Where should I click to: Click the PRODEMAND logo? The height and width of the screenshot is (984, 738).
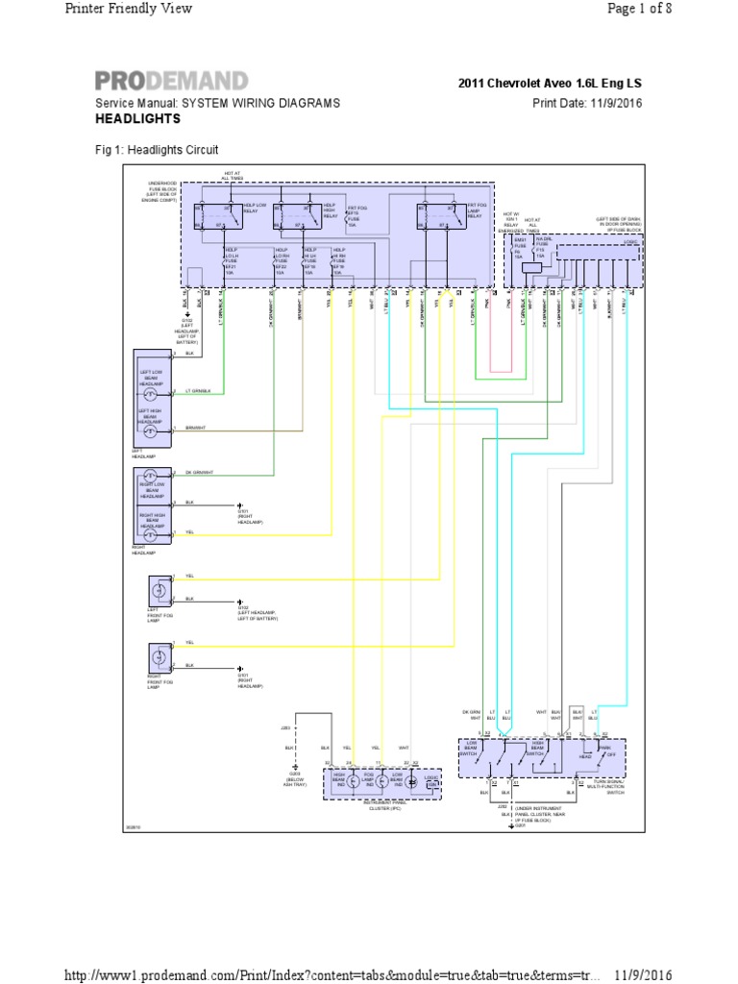[x=171, y=81]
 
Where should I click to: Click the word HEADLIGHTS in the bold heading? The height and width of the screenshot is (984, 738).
[x=137, y=119]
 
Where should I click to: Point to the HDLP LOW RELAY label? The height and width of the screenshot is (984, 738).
[x=255, y=209]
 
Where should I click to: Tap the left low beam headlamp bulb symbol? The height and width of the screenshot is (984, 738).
[x=150, y=393]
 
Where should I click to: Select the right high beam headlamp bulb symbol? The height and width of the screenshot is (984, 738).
[x=150, y=533]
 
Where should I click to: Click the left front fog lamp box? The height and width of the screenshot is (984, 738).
[x=157, y=588]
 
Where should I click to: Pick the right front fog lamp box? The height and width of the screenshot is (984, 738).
[x=157, y=656]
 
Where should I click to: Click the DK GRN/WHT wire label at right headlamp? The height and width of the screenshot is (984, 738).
[x=199, y=473]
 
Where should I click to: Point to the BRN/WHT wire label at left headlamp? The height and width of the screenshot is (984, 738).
[x=195, y=428]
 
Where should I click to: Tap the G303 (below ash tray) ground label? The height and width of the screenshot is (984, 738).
[x=294, y=779]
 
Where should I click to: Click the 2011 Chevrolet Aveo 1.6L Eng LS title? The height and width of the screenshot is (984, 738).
[x=551, y=83]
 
